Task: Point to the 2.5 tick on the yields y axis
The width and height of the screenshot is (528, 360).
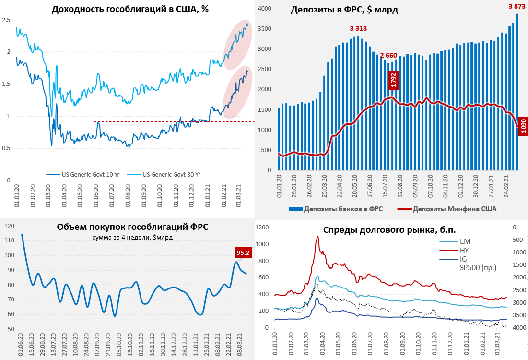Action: coord(6,20)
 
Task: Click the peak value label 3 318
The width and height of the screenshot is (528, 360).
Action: coord(358,28)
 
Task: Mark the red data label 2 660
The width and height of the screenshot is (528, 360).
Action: coord(388,55)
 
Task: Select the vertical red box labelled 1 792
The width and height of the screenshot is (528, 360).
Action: coord(393,80)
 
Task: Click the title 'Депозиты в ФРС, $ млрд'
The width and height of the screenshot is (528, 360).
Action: coord(344,10)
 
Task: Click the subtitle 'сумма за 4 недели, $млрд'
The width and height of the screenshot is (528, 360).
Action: coord(132,238)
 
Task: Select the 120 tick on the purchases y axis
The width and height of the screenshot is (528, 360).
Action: coord(10,226)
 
